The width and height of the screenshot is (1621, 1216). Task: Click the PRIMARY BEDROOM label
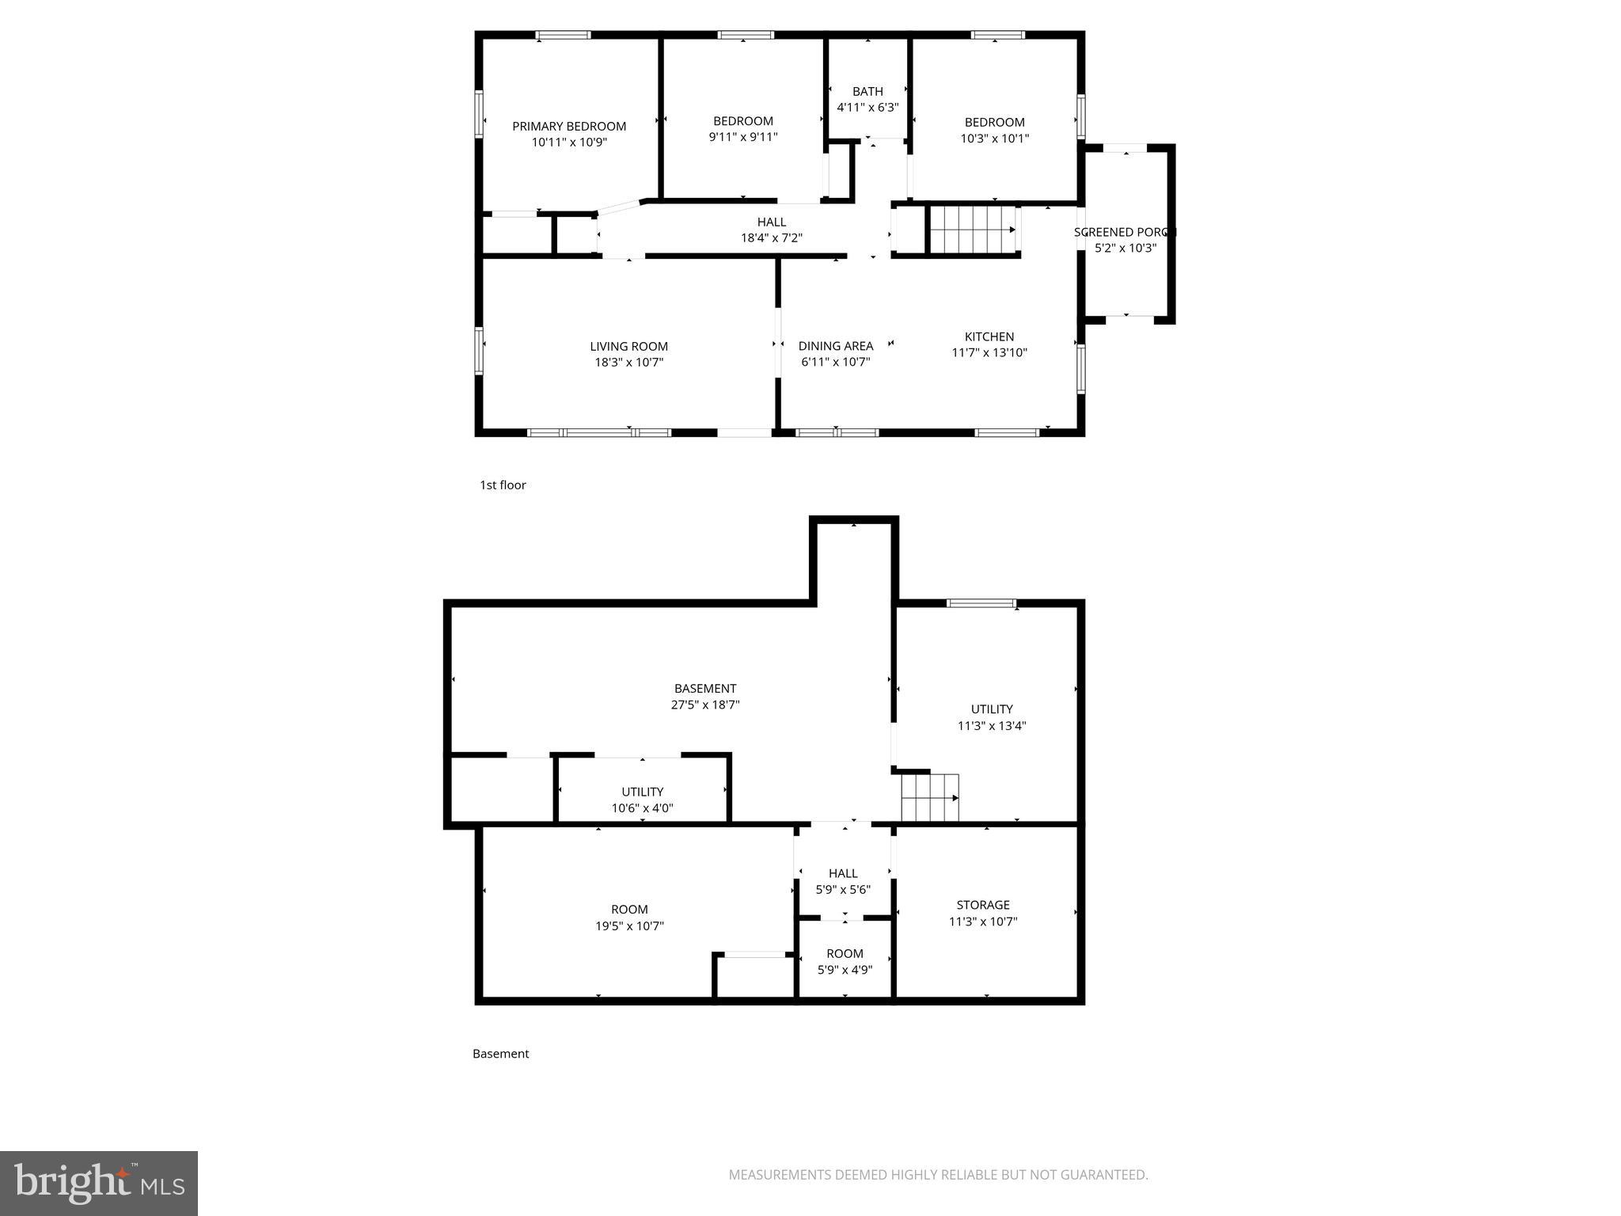568,126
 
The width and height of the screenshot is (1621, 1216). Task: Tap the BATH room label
867,91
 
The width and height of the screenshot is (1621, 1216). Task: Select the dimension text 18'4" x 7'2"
771,237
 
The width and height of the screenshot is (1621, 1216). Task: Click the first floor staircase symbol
972,230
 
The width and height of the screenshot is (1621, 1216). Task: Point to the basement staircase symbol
930,798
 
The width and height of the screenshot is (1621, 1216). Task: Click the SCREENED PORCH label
1125,232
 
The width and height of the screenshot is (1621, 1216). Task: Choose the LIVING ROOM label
628,346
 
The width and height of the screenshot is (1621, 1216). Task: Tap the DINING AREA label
835,346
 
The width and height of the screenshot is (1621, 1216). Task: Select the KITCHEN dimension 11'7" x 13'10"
989,353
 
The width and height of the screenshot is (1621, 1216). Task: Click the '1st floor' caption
503,484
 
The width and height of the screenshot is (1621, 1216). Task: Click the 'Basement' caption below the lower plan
500,1053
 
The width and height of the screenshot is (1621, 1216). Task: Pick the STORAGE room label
982,905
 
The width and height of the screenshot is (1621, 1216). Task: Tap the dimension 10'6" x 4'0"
642,808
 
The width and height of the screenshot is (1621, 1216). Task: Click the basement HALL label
843,873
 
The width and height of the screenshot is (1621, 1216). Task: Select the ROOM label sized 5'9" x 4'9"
845,953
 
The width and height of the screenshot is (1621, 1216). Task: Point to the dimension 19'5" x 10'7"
629,926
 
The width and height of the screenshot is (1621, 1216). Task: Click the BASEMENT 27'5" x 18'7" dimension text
704,705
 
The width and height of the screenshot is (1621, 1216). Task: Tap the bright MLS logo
99,1183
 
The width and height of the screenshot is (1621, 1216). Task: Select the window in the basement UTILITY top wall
981,603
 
